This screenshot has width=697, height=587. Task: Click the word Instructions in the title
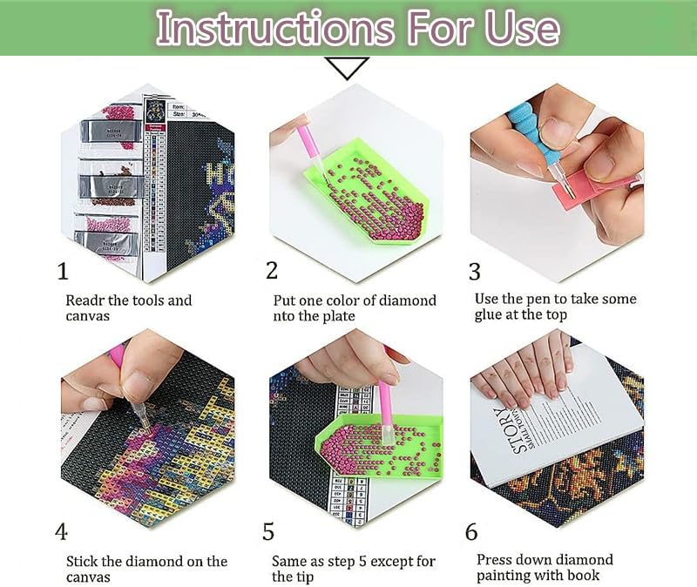[253, 28]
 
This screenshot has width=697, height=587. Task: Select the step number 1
[63, 272]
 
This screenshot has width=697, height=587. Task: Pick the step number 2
[272, 271]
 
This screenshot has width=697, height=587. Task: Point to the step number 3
[474, 272]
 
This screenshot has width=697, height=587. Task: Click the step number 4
[62, 531]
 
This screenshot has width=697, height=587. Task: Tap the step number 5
[269, 531]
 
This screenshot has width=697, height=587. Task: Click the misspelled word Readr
[85, 300]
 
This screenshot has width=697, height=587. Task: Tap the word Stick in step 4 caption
[84, 561]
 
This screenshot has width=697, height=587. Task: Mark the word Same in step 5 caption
[290, 562]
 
